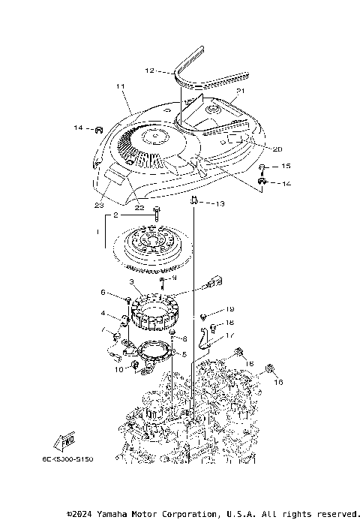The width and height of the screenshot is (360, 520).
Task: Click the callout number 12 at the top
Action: click(149, 71)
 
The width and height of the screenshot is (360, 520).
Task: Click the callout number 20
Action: click(257, 148)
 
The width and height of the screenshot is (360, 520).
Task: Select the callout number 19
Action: click(230, 308)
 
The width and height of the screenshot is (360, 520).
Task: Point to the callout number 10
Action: click(118, 369)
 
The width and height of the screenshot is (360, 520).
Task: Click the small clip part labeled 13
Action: click(194, 200)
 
